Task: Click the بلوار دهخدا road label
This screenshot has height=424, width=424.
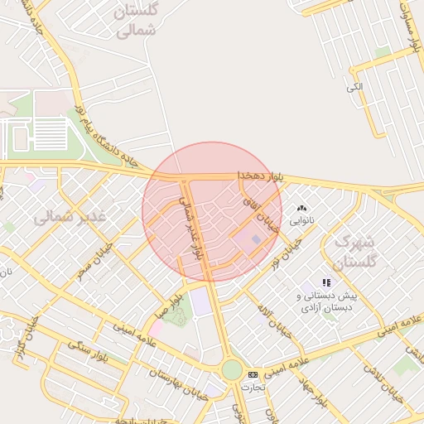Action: click(261, 176)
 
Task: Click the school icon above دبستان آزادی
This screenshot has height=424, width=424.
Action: click(325, 283)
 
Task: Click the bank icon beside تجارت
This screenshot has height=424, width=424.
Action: click(253, 375)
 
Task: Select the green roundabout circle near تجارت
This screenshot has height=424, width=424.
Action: click(232, 369)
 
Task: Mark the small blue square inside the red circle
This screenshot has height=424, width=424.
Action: click(256, 239)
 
